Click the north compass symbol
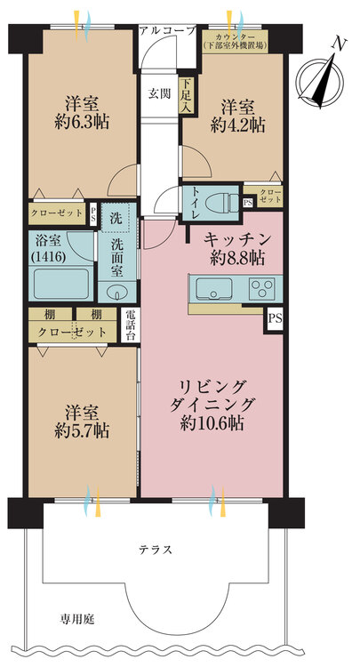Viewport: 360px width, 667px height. [x=320, y=78]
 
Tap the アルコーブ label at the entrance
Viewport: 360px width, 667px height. [x=168, y=30]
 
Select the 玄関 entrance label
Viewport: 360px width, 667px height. [x=160, y=93]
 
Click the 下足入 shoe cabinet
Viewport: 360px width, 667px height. [x=186, y=96]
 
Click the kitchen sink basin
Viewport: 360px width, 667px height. [x=214, y=289]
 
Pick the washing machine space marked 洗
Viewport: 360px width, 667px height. [x=116, y=219]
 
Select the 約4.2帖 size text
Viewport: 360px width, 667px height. [x=238, y=125]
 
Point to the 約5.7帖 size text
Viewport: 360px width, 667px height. [x=82, y=431]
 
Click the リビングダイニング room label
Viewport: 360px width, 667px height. [x=212, y=396]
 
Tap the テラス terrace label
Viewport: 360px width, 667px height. [x=156, y=550]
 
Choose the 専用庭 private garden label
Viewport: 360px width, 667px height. [x=77, y=620]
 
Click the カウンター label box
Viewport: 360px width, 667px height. [x=235, y=41]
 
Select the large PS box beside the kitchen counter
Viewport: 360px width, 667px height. [x=275, y=318]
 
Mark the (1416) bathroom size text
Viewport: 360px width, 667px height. [x=48, y=257]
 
